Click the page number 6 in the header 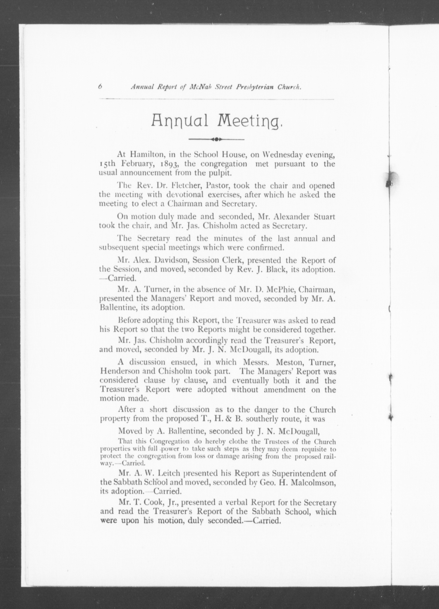(100, 87)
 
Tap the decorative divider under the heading (216, 139)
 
